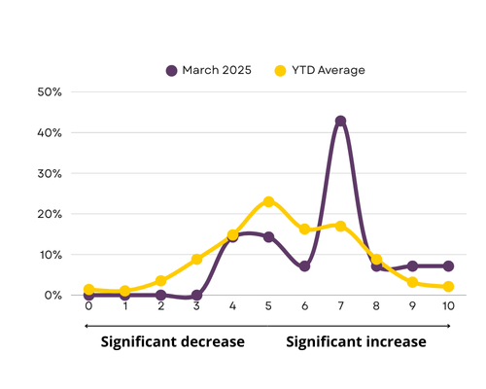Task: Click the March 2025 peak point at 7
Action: (x=340, y=122)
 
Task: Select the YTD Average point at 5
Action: (x=268, y=201)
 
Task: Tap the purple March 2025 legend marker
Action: (x=171, y=71)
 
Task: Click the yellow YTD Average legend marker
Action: (x=280, y=71)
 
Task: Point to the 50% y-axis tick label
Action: (x=50, y=92)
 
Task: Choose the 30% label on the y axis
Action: (x=50, y=174)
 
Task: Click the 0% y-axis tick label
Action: (x=53, y=296)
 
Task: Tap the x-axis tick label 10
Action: (x=448, y=305)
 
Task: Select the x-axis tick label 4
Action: (x=232, y=305)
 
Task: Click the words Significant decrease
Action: (x=173, y=342)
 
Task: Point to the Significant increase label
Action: (x=356, y=342)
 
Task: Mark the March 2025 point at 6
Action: (x=304, y=266)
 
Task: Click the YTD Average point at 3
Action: (x=196, y=260)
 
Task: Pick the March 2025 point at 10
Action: (x=448, y=266)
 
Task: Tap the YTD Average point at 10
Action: (x=448, y=287)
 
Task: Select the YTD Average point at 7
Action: (x=340, y=226)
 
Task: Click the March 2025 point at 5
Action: (x=268, y=237)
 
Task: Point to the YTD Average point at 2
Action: (x=160, y=281)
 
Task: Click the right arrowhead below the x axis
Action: (x=449, y=326)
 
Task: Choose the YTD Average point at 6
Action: (x=304, y=230)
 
